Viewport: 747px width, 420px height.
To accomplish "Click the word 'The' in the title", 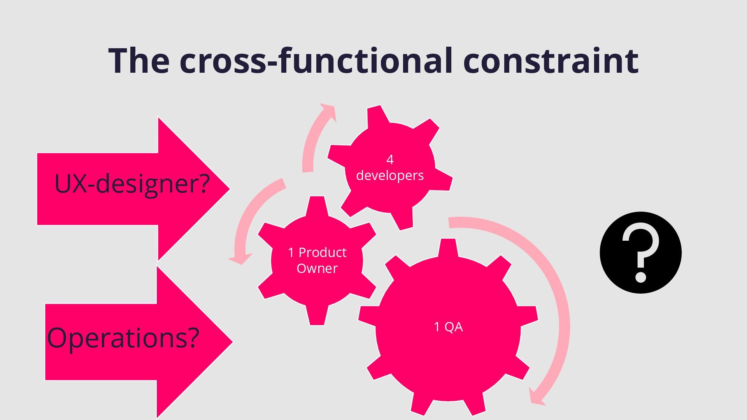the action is [139, 61].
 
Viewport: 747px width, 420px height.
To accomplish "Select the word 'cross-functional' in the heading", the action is [316, 61].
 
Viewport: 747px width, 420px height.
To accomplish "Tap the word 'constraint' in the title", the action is [550, 61].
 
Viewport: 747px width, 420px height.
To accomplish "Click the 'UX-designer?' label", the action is [132, 184].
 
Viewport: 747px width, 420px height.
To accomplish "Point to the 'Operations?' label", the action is [123, 338].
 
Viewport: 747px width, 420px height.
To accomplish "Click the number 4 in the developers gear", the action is [390, 159].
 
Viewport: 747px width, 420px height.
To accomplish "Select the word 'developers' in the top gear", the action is [390, 175].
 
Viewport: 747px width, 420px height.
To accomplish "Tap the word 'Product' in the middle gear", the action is [322, 253].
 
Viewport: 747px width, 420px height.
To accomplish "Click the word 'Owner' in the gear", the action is [317, 268].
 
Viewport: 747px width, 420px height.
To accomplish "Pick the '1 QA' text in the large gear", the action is [448, 327].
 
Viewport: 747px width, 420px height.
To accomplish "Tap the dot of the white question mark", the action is [640, 278].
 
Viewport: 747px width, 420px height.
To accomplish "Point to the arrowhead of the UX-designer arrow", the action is [202, 189].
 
